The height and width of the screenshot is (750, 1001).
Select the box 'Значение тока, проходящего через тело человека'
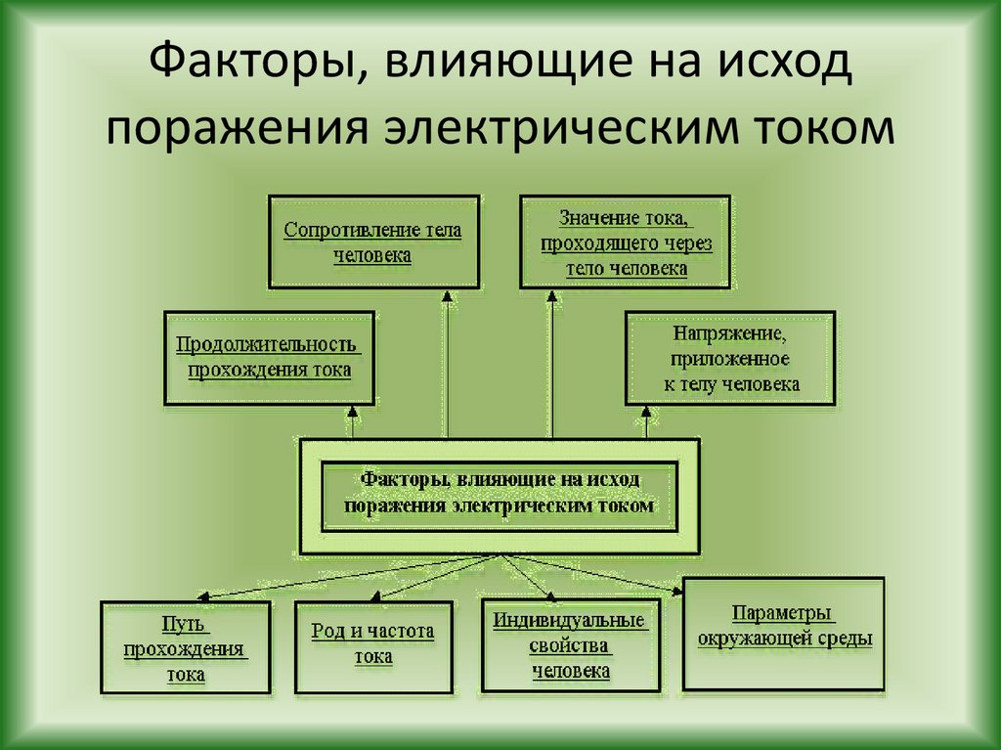tap(625, 242)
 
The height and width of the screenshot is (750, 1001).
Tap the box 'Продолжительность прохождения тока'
tap(269, 358)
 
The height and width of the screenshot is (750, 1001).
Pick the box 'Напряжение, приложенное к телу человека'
tap(730, 358)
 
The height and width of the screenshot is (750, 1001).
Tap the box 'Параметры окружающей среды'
tap(784, 634)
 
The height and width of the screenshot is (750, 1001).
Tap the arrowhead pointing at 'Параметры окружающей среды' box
tap(677, 590)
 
